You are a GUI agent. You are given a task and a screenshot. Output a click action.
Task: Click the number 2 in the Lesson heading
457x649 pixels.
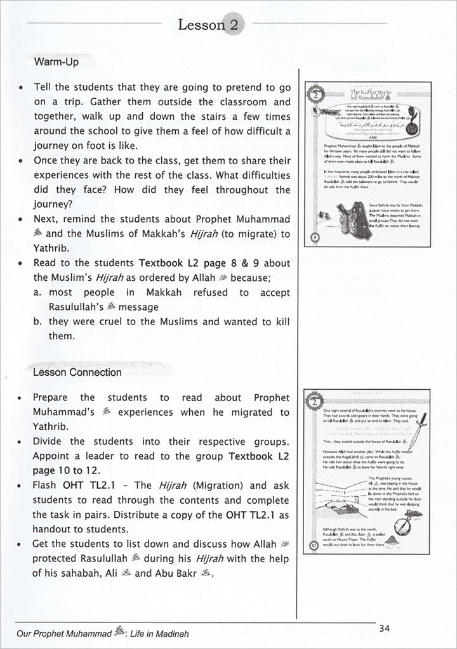point(234,26)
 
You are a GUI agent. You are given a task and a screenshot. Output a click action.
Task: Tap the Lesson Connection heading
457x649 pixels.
point(77,372)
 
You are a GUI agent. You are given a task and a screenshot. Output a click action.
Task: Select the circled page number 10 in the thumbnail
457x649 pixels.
point(315,544)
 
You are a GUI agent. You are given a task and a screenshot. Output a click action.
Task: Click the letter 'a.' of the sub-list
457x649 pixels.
point(37,292)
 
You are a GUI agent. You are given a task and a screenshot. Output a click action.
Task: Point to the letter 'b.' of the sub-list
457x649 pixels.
point(37,321)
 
